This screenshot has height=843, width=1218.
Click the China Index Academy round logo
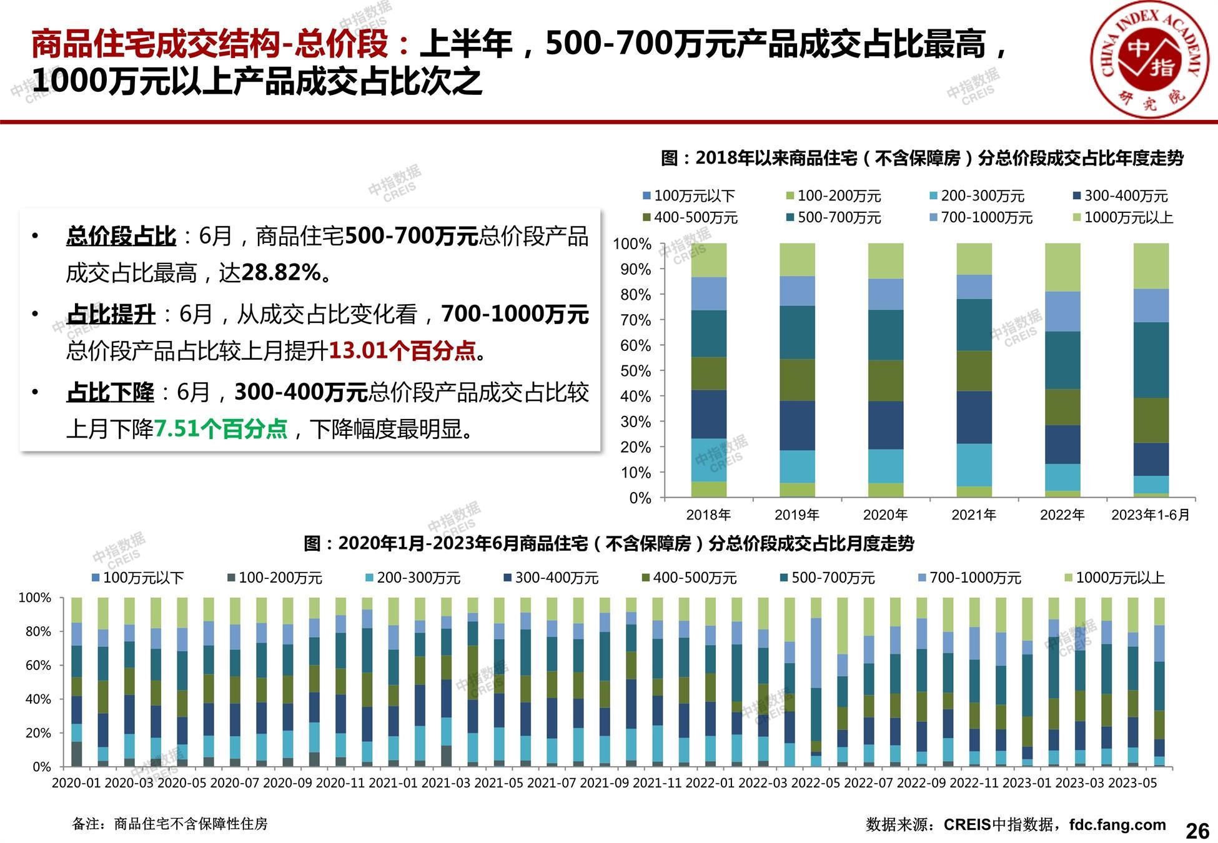click(1149, 62)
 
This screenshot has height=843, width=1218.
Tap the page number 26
click(1197, 831)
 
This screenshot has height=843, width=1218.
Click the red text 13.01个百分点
click(402, 350)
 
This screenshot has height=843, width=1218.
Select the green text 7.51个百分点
click(220, 429)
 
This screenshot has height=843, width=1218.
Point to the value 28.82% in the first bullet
click(281, 273)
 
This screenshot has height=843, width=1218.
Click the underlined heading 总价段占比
click(121, 237)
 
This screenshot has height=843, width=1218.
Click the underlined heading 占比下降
click(110, 393)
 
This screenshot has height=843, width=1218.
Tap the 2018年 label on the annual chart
click(708, 515)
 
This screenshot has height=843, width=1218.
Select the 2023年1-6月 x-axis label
click(1151, 515)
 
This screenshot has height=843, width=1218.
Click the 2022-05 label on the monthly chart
click(816, 783)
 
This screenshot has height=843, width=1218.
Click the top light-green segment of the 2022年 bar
click(1062, 267)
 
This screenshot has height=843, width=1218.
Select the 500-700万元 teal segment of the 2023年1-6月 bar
click(1151, 360)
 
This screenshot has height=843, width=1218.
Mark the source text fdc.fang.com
click(1117, 825)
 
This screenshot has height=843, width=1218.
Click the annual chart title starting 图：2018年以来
click(922, 159)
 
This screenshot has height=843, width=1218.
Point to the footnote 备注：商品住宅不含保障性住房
click(170, 824)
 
